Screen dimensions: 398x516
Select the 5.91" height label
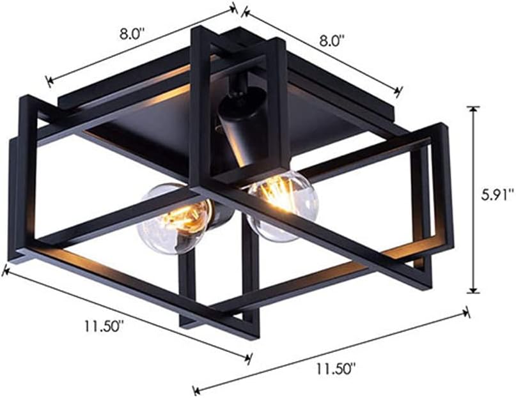coord(497,197)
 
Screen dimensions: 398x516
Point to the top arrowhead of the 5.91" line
coord(473,109)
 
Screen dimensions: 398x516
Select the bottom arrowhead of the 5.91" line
coord(473,291)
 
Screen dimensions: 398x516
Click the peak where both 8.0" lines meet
coord(237,8)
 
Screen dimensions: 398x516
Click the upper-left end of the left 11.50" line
coord(5,270)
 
